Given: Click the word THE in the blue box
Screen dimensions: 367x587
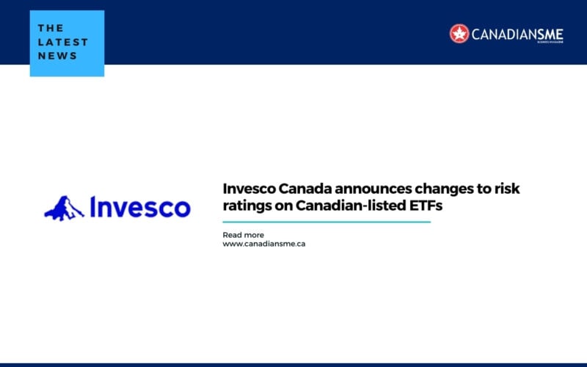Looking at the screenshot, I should [51, 29].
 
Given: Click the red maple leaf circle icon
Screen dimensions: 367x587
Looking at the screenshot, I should [459, 33].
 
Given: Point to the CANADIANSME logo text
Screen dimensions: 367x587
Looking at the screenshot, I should [520, 33].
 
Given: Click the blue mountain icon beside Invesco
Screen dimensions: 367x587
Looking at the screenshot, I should [65, 208].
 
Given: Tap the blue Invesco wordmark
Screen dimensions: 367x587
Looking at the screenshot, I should [139, 207].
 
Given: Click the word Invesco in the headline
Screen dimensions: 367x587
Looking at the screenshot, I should [248, 189].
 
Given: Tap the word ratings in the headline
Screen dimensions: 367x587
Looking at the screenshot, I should [246, 207].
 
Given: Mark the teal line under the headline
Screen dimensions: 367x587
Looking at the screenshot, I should [327, 222].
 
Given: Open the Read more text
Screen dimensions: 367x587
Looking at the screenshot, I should [243, 235].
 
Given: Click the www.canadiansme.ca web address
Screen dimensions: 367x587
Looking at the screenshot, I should [263, 244].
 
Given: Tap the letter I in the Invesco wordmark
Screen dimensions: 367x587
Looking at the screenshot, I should [93, 207].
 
